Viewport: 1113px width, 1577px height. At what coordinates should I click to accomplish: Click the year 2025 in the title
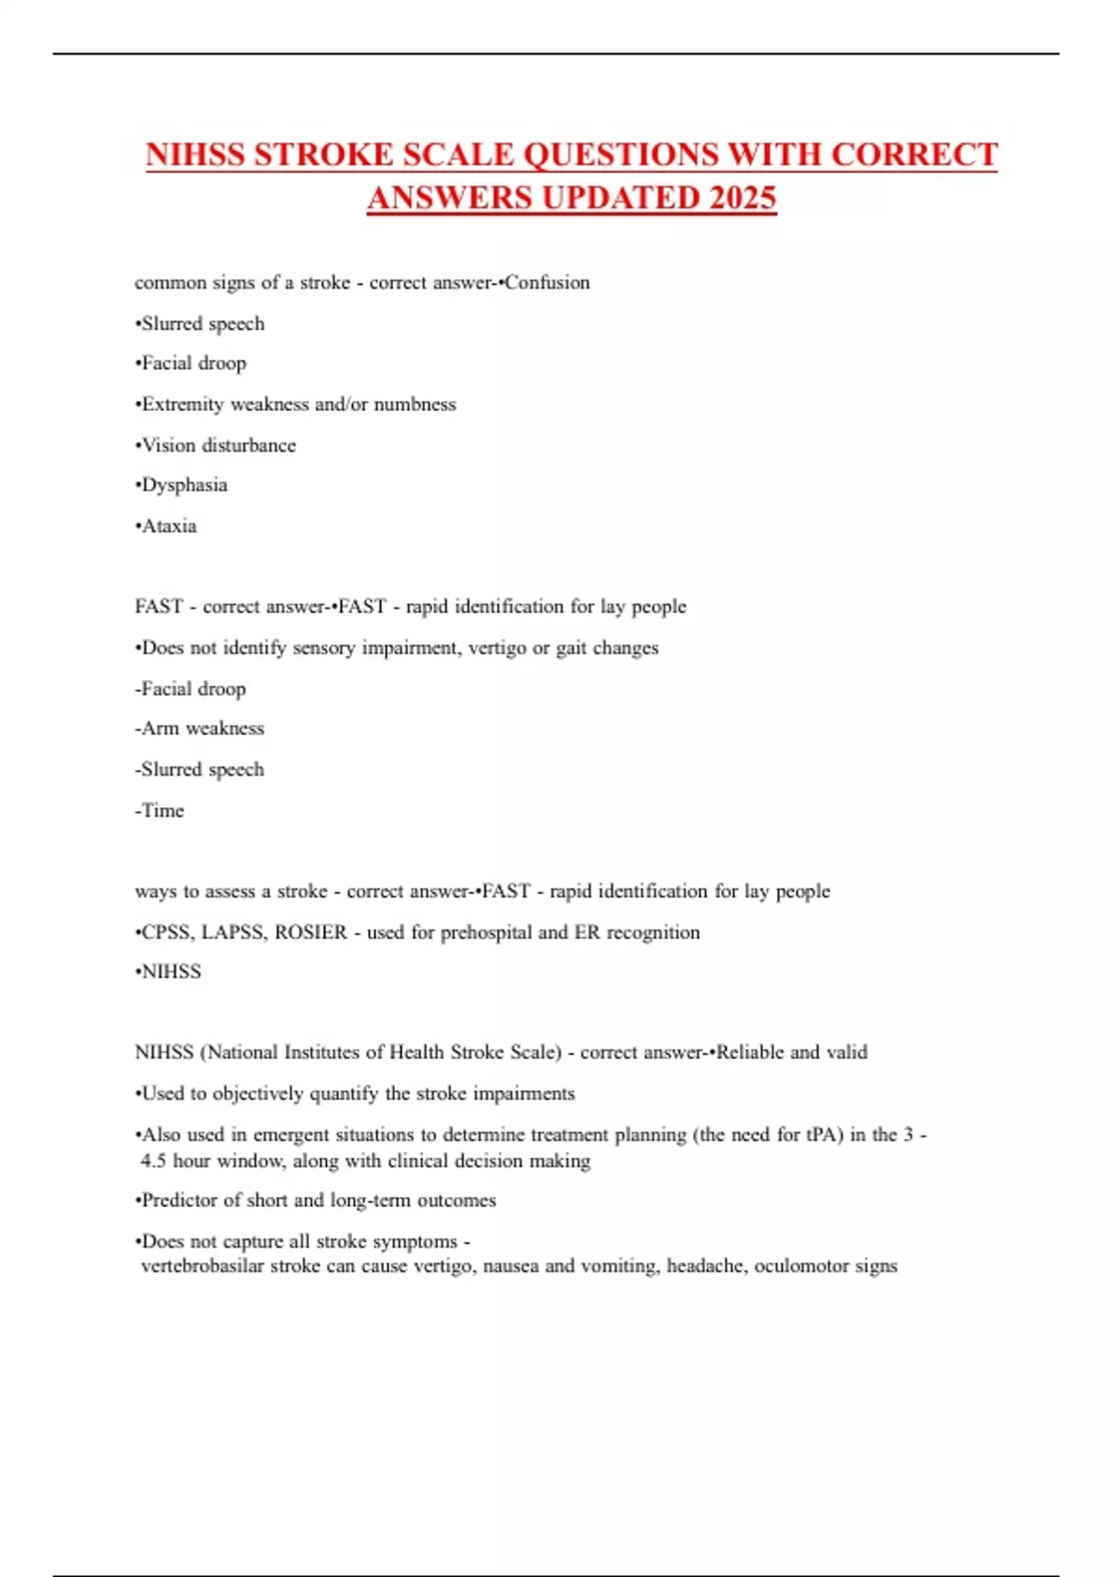742,199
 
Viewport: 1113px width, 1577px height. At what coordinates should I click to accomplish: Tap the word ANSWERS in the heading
449,199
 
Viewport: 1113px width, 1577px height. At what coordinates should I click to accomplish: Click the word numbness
415,404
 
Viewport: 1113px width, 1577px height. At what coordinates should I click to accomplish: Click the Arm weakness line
200,729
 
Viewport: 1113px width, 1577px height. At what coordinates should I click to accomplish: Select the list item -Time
160,811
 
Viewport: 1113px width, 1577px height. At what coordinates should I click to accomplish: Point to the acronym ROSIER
311,932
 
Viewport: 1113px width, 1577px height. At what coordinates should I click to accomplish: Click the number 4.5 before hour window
153,1160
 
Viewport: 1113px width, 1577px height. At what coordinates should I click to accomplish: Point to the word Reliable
750,1053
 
